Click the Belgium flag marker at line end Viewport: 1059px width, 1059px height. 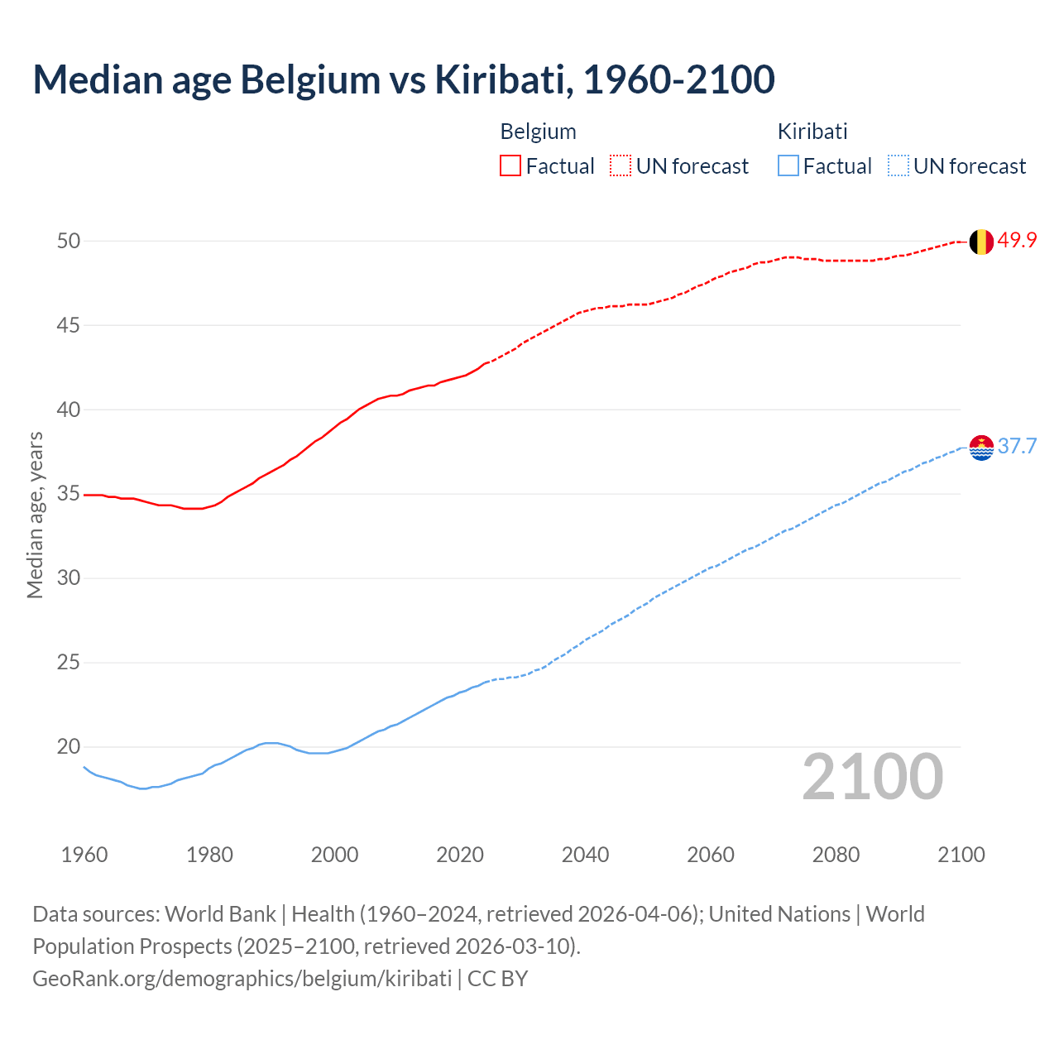click(x=980, y=242)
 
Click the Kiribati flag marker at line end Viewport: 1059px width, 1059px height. click(x=980, y=447)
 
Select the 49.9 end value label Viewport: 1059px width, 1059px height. click(x=1017, y=241)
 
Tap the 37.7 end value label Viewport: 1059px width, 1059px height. click(x=1017, y=447)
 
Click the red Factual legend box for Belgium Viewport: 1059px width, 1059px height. click(x=510, y=166)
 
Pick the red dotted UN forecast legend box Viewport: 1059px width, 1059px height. click(x=621, y=166)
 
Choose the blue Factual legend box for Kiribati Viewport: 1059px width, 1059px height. click(x=788, y=166)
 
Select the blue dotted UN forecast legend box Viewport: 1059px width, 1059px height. click(x=898, y=166)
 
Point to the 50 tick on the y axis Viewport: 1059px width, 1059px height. click(x=69, y=241)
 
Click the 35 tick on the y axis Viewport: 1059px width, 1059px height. click(x=69, y=494)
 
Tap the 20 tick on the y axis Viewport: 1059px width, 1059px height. click(x=69, y=746)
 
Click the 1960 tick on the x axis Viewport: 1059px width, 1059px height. click(x=84, y=855)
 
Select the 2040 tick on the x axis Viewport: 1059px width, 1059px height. click(x=585, y=855)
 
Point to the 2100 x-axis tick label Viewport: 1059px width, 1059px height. click(x=961, y=855)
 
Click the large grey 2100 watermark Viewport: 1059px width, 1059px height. click(x=872, y=777)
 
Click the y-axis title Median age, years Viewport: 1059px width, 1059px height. click(x=35, y=515)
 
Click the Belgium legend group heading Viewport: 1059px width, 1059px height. click(x=538, y=132)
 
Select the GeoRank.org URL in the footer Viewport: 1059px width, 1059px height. click(x=242, y=978)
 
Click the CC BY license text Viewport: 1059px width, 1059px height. click(x=497, y=978)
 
